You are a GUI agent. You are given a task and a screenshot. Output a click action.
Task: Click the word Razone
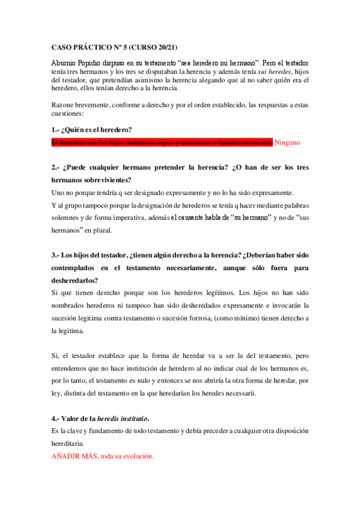tap(63, 105)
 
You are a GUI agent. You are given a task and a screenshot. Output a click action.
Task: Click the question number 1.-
tap(56, 130)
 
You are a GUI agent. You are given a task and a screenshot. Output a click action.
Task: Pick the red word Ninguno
tap(286, 143)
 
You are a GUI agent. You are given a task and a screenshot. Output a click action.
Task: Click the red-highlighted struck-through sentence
tap(162, 143)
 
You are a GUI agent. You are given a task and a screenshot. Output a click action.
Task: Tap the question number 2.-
tap(56, 167)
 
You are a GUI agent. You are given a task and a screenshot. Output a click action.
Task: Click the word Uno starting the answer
tap(58, 192)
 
